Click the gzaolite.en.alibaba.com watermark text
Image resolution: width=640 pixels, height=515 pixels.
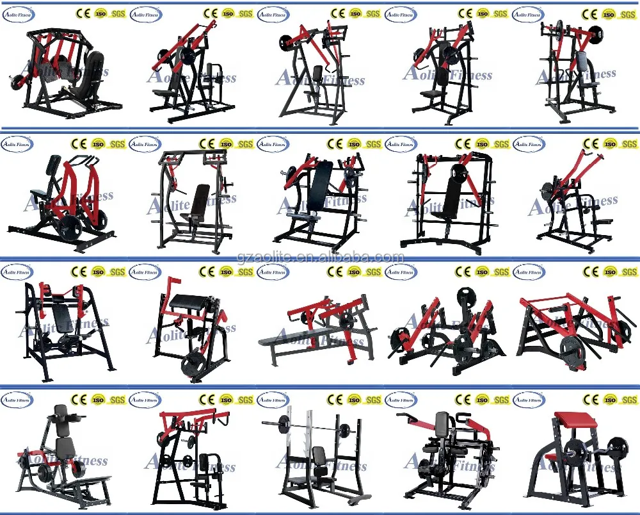[x=320, y=257]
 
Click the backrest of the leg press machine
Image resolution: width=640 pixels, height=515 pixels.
[x=93, y=68]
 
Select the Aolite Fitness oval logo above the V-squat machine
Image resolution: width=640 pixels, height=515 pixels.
[x=17, y=400]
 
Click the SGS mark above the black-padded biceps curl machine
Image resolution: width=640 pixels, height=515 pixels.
[x=245, y=272]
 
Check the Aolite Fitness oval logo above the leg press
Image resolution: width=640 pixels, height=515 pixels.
[x=17, y=13]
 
